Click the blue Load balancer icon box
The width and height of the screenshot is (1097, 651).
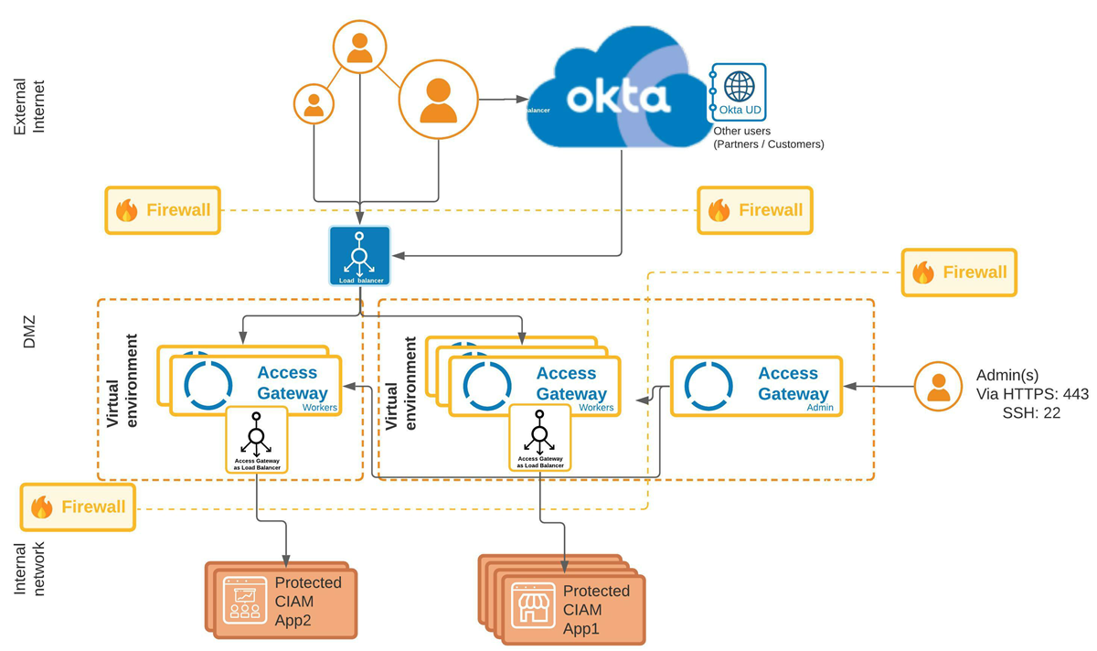click(x=359, y=255)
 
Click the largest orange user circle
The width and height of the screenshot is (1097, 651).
click(x=438, y=100)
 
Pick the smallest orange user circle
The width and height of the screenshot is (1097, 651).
click(x=314, y=102)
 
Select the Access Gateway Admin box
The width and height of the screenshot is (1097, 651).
click(x=757, y=386)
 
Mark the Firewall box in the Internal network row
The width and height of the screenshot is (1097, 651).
click(x=78, y=507)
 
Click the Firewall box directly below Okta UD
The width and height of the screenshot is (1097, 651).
click(x=754, y=210)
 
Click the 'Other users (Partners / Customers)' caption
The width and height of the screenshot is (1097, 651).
click(x=768, y=138)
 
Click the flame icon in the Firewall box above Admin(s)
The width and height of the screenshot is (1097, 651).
click(x=923, y=272)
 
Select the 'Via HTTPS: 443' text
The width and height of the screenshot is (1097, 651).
click(x=1032, y=393)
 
